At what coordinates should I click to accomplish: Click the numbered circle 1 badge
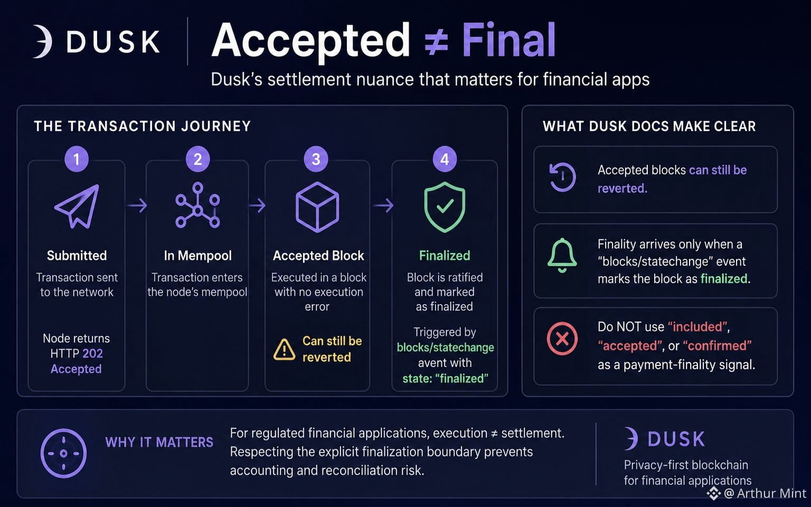[x=77, y=159]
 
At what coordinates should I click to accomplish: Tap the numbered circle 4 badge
[x=445, y=159]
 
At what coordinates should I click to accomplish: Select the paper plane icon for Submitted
[x=77, y=206]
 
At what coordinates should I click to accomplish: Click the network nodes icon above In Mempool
[x=197, y=205]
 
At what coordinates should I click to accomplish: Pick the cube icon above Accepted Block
[x=317, y=207]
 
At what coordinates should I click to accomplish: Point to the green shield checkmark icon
[x=445, y=207]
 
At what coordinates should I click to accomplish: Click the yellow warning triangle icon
[x=284, y=350]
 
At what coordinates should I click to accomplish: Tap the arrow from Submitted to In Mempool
[x=137, y=205]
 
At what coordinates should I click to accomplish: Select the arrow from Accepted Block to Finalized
[x=383, y=205]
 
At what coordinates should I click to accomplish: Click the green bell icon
[x=562, y=255]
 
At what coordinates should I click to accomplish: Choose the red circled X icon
[x=562, y=339]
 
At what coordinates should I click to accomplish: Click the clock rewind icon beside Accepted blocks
[x=562, y=177]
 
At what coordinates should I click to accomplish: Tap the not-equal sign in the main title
[x=436, y=43]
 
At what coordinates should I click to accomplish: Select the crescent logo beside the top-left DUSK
[x=43, y=41]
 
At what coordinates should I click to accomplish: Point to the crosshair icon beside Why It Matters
[x=63, y=453]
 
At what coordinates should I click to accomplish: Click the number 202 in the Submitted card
[x=92, y=353]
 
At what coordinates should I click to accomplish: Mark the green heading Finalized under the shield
[x=445, y=256]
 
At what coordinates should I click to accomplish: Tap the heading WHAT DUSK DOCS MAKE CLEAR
[x=649, y=126]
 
